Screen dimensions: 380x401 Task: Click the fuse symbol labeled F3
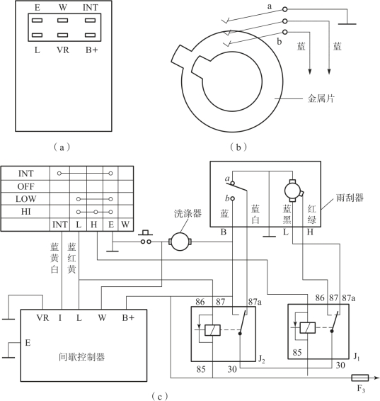[359, 378]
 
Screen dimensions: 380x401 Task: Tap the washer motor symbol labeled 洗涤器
[180, 241]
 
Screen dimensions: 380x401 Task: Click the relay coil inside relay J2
[212, 330]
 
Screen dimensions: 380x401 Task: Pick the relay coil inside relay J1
[308, 327]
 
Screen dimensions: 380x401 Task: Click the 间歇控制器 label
[81, 357]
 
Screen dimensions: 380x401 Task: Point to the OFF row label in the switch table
[25, 186]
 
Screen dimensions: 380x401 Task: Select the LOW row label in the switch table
[25, 199]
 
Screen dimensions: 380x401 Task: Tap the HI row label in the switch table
[25, 212]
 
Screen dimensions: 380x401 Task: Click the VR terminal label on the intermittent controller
[42, 317]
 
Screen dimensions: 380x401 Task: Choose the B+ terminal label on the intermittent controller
[128, 317]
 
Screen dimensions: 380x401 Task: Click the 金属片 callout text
[321, 98]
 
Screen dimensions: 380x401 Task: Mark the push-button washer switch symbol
[146, 237]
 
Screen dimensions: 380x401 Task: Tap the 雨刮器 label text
[350, 198]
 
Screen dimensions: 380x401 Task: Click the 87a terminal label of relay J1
[349, 298]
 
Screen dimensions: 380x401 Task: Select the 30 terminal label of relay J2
[232, 369]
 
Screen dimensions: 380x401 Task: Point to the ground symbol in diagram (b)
[347, 24]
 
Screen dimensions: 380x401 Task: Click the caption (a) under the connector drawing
[62, 147]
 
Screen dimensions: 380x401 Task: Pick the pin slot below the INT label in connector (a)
[90, 21]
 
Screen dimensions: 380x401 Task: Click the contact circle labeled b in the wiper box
[233, 198]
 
